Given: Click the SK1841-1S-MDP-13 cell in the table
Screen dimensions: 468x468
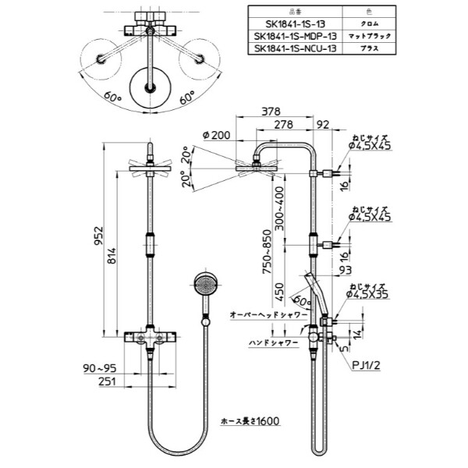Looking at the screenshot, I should pyautogui.click(x=296, y=36).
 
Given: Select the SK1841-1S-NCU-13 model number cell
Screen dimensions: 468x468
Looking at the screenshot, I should pyautogui.click(x=296, y=48).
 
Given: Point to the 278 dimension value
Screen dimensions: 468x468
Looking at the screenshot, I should pyautogui.click(x=283, y=124).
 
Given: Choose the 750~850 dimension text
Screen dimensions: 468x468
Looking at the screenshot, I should pyautogui.click(x=268, y=250).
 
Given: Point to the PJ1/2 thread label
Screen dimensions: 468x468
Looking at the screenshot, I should pyautogui.click(x=367, y=363).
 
